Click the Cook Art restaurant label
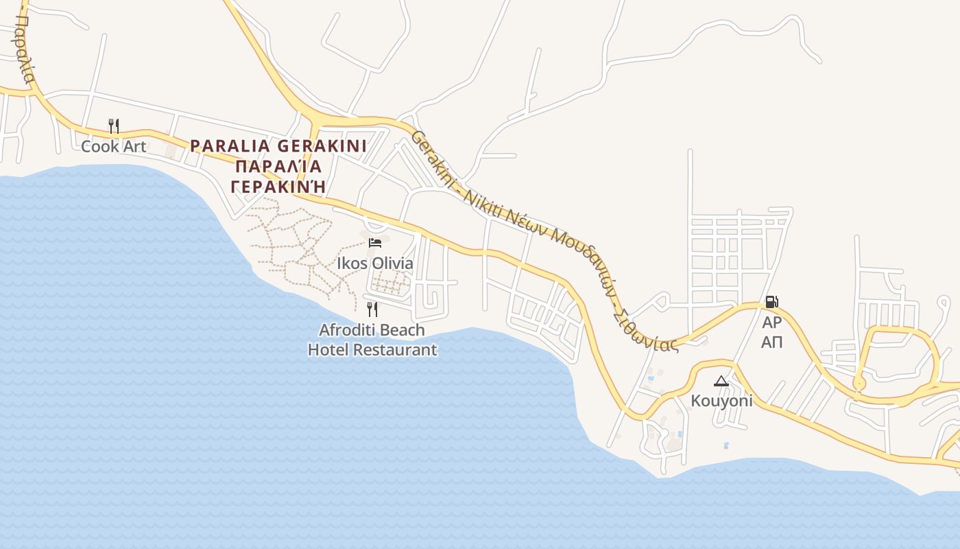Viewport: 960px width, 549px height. point(114,146)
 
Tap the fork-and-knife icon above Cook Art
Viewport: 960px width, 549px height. point(114,126)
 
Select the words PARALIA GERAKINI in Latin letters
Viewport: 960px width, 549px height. point(278,146)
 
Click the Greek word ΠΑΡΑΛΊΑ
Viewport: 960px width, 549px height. point(278,166)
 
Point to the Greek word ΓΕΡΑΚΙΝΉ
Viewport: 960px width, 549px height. point(278,186)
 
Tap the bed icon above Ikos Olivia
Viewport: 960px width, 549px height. point(375,243)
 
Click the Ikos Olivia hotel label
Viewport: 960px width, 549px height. point(375,264)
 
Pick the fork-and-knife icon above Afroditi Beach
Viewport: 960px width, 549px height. point(372,309)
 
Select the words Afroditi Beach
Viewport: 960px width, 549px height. point(372,330)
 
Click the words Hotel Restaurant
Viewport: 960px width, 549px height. point(372,349)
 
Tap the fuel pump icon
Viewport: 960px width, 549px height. point(771,302)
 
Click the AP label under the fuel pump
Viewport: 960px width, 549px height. point(771,323)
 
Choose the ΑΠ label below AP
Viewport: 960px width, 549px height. point(771,342)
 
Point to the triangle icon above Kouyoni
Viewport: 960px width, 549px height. point(721,381)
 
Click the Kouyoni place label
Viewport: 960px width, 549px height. point(721,401)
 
